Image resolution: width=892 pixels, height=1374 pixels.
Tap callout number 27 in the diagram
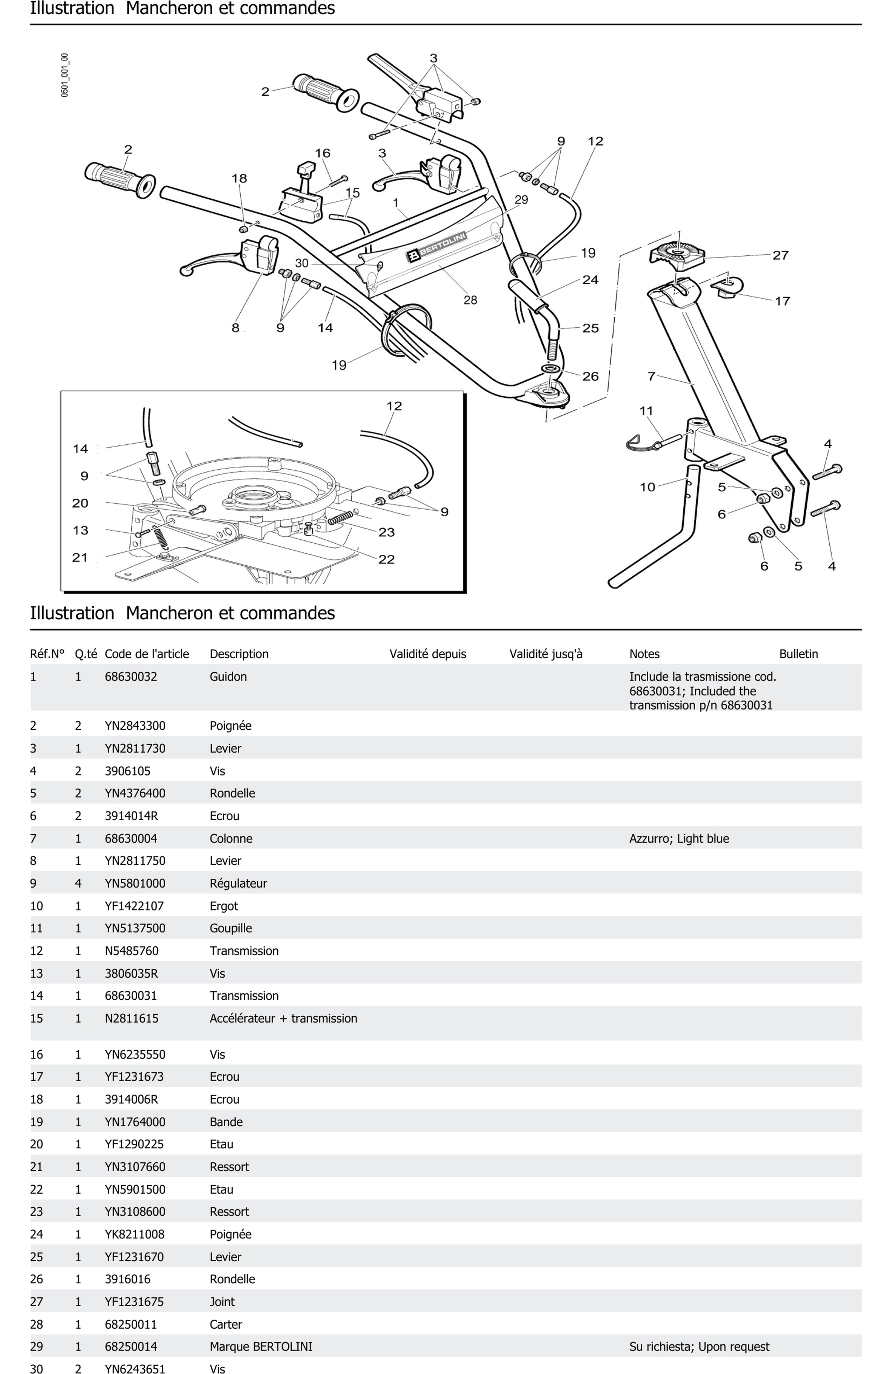click(780, 255)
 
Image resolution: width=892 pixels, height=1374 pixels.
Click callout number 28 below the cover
click(470, 300)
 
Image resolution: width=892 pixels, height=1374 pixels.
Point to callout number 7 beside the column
click(651, 376)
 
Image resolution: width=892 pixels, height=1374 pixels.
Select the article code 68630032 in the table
click(130, 677)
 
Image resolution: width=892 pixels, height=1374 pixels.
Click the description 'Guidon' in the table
click(228, 677)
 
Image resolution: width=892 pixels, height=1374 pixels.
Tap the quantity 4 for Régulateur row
click(78, 883)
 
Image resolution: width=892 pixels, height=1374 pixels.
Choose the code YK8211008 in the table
click(134, 1234)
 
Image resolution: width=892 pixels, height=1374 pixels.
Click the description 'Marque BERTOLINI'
click(261, 1346)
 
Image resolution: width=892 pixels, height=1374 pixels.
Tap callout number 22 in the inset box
click(386, 559)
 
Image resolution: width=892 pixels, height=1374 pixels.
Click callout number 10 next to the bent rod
click(647, 487)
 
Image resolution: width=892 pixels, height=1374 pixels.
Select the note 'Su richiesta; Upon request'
click(699, 1346)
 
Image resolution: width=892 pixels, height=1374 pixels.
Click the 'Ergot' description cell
click(224, 906)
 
